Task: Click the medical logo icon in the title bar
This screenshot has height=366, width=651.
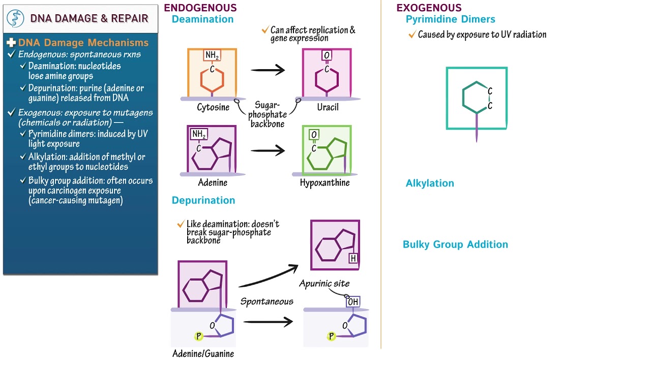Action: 15,18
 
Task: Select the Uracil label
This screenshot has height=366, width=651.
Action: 328,108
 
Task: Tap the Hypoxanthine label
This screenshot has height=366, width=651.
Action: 324,183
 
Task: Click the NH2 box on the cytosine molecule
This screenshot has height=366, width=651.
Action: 212,55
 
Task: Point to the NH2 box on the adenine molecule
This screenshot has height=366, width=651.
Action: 199,135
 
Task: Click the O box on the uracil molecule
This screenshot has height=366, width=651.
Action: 327,55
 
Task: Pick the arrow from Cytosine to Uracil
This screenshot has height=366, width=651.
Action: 268,70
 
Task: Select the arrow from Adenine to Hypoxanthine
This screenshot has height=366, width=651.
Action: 268,150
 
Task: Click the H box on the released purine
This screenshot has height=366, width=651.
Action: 353,259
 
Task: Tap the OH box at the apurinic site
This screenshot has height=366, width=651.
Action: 353,302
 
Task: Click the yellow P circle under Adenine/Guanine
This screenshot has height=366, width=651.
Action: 199,336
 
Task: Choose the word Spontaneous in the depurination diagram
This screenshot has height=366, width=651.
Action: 267,301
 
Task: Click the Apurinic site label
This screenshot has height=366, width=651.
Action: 324,284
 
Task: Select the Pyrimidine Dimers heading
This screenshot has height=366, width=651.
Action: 450,19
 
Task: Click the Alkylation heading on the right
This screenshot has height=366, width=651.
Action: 430,184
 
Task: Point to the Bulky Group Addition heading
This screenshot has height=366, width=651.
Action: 455,245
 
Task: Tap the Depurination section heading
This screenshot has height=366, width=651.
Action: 203,200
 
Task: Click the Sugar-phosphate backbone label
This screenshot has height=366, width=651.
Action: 268,114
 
